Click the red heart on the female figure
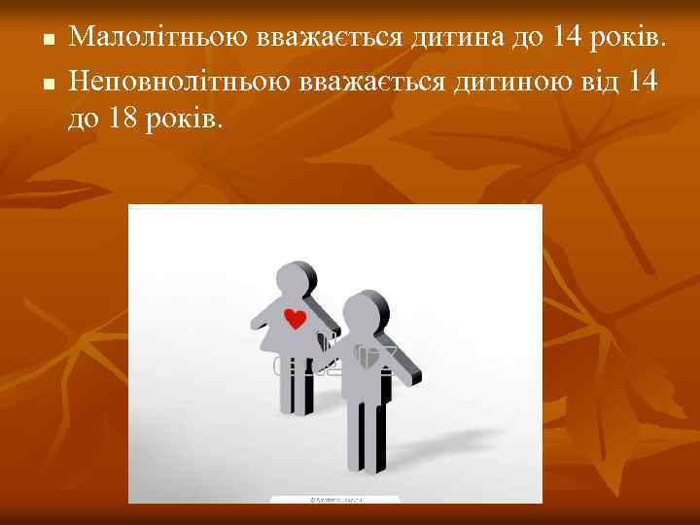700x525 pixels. pos(295,317)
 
